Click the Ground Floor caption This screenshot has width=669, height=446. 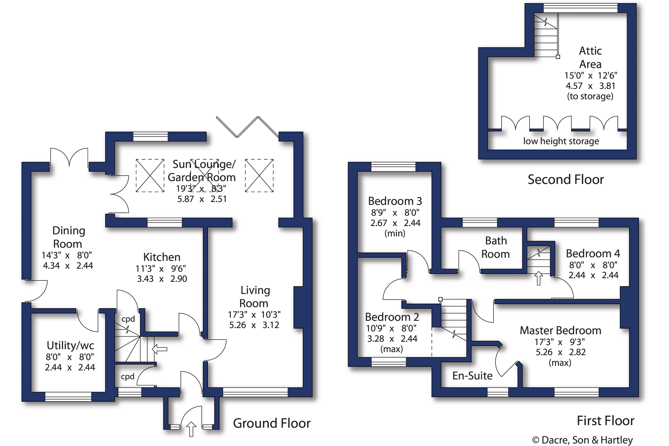(272, 423)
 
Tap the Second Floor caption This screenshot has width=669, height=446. (565, 180)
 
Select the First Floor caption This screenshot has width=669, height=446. (605, 421)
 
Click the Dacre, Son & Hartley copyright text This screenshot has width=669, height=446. (582, 440)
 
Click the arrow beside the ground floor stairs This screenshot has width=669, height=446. (160, 349)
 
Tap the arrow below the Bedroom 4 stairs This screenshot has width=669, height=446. (538, 278)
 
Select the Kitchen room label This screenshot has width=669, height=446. (162, 257)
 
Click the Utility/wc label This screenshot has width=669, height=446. (70, 346)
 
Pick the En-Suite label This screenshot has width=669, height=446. (472, 375)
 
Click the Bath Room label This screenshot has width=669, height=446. (496, 247)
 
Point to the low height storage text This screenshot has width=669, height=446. (561, 141)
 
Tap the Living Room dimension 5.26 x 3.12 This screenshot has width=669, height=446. (254, 325)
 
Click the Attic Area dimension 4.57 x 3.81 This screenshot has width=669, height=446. (590, 86)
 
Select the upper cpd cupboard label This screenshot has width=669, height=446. (128, 319)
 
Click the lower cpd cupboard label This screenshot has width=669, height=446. (127, 376)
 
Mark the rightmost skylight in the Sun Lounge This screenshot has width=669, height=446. (259, 175)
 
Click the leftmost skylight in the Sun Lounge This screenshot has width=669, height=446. (150, 175)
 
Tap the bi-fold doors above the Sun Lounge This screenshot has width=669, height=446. (247, 127)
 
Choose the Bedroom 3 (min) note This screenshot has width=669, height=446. (395, 233)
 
